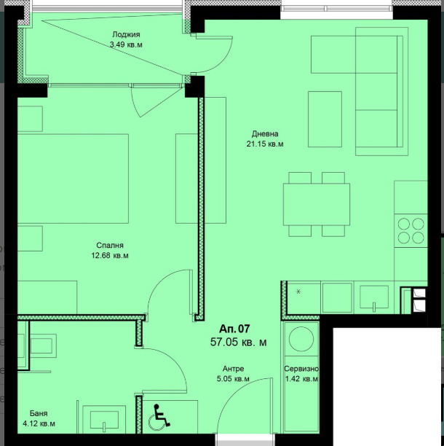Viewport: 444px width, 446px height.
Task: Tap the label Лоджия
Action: click(x=126, y=34)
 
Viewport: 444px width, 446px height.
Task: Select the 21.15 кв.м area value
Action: click(x=265, y=144)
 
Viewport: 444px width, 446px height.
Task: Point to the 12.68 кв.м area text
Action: click(x=111, y=255)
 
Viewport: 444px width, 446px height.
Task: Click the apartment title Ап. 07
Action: click(x=234, y=329)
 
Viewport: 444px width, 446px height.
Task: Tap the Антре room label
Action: click(x=234, y=369)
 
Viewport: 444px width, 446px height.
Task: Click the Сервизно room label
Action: click(x=301, y=369)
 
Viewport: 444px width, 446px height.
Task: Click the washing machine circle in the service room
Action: click(x=301, y=340)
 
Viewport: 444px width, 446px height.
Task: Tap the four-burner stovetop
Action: click(x=411, y=230)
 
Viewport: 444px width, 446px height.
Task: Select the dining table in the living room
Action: click(x=316, y=203)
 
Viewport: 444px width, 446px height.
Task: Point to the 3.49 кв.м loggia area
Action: click(x=125, y=44)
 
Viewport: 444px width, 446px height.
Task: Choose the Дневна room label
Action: click(x=265, y=134)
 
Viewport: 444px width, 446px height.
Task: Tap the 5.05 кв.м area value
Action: click(x=234, y=379)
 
